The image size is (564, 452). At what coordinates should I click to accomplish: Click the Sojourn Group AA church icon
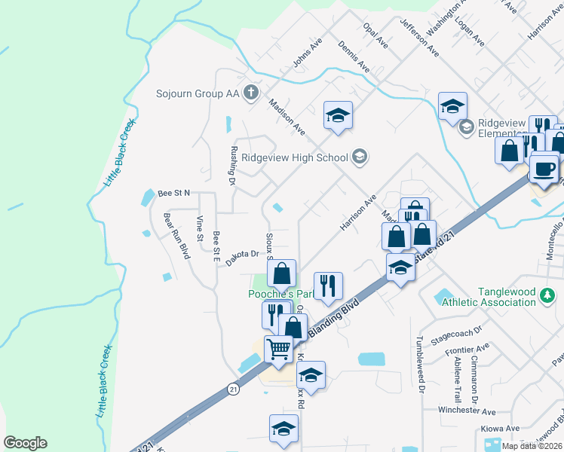pyautogui.click(x=252, y=94)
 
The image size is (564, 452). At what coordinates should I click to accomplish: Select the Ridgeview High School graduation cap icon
pyautogui.click(x=360, y=157)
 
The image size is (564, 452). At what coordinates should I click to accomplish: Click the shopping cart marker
pyautogui.click(x=278, y=350)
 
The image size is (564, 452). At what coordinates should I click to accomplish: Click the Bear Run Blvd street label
pyautogui.click(x=174, y=235)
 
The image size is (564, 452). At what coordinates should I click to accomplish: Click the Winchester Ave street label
pyautogui.click(x=467, y=411)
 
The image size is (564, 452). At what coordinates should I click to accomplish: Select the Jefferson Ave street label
pyautogui.click(x=420, y=38)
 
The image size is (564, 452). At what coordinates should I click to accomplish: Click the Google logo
pyautogui.click(x=25, y=443)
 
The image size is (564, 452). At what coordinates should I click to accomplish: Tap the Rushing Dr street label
pyautogui.click(x=233, y=165)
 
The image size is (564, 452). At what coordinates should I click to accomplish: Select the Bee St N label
pyautogui.click(x=174, y=194)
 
